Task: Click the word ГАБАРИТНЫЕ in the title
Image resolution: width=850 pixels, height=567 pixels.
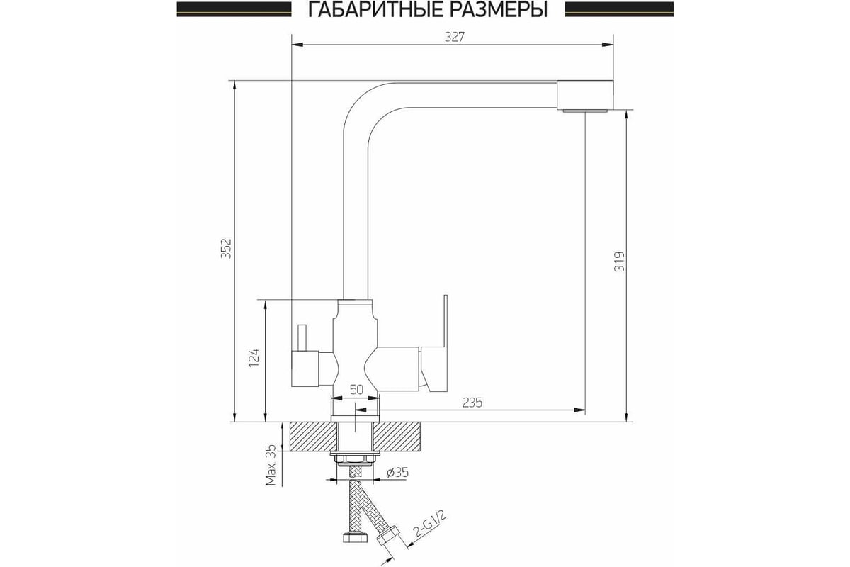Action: [x=375, y=10]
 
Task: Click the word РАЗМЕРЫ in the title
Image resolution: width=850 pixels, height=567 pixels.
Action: [x=498, y=10]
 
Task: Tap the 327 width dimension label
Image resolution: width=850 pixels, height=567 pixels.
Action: [x=454, y=37]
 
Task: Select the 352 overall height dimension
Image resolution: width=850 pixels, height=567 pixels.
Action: [x=226, y=248]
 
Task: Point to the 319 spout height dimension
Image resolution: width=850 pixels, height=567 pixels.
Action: [x=619, y=261]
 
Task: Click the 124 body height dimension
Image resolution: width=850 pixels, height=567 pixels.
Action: [x=254, y=357]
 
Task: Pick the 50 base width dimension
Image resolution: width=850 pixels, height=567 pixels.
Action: [x=356, y=390]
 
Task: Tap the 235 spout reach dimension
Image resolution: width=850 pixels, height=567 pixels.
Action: [x=472, y=402]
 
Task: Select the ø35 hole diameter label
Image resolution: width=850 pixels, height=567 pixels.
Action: [x=397, y=473]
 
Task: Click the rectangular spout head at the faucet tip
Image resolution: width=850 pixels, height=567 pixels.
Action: [x=585, y=95]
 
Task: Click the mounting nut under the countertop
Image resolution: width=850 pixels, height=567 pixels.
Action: [x=355, y=459]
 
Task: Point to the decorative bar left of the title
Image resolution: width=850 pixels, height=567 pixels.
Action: [x=234, y=9]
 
